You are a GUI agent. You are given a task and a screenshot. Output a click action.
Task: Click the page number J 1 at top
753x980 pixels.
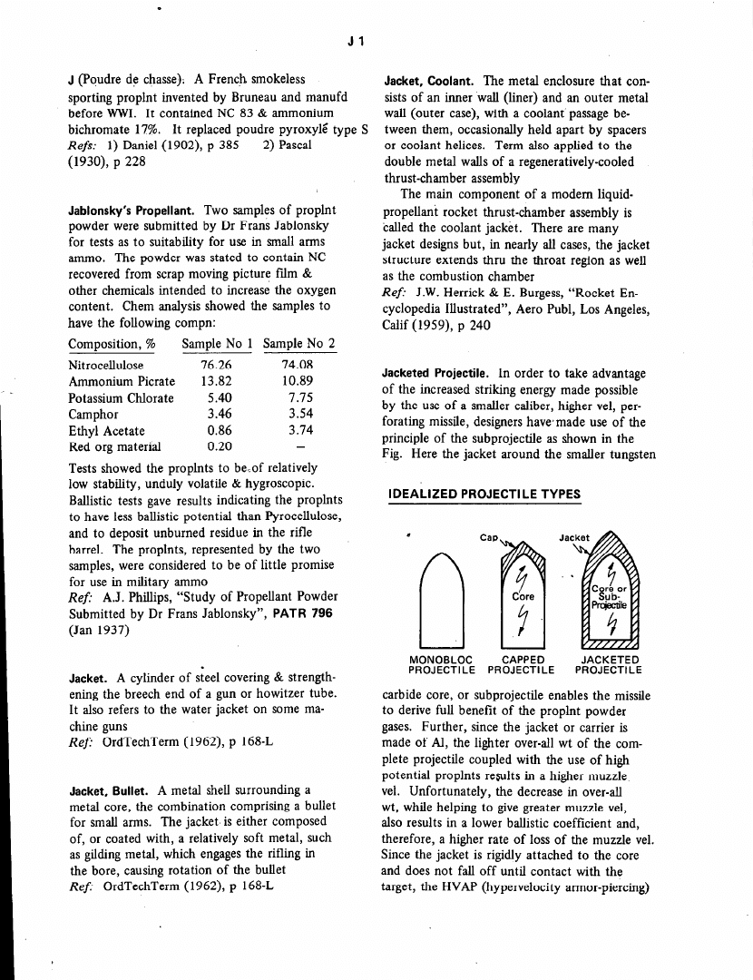pyautogui.click(x=356, y=41)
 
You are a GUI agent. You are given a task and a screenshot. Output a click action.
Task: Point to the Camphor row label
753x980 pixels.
pyautogui.click(x=94, y=415)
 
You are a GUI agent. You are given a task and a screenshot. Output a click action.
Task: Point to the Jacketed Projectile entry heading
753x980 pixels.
pyautogui.click(x=439, y=374)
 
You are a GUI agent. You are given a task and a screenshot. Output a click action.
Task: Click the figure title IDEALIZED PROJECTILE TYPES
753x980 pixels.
pyautogui.click(x=483, y=494)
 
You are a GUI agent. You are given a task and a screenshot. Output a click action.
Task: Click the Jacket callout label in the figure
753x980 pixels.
pyautogui.click(x=574, y=537)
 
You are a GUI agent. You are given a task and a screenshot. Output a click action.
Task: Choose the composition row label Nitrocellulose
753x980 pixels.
pyautogui.click(x=106, y=365)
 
